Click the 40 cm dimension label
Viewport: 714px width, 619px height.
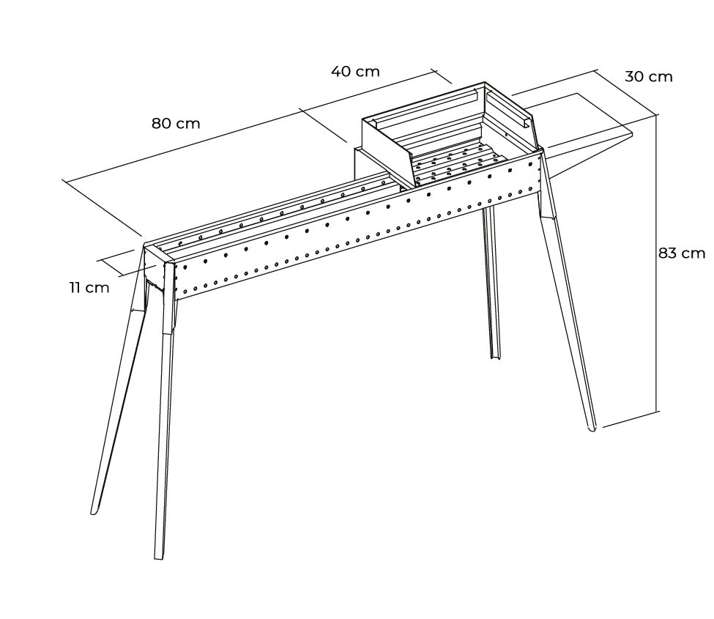[x=355, y=72]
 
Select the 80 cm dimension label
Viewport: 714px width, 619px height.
[x=176, y=123]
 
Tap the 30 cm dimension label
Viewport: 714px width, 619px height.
[x=648, y=76]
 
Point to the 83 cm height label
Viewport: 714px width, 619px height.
[x=682, y=253]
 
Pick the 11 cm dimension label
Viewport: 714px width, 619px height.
[x=89, y=287]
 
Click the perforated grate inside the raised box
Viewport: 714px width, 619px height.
[x=454, y=163]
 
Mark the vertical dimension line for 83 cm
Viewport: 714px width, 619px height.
[x=657, y=264]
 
